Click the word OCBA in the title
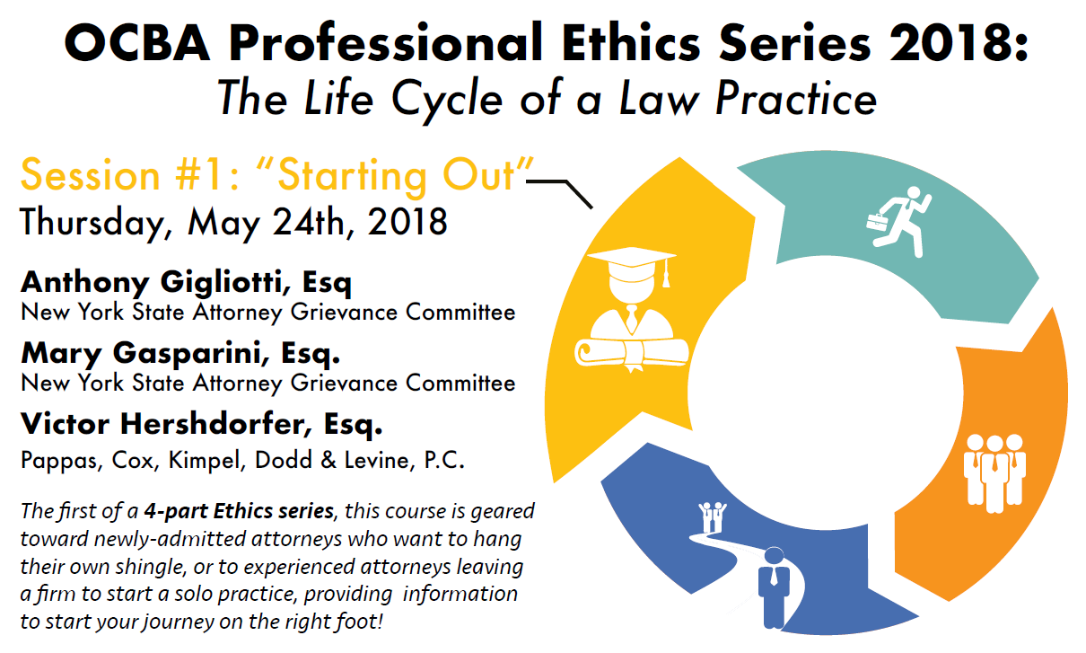coord(137,43)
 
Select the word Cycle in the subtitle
coord(447,100)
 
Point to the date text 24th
coord(309,222)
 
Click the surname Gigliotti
coord(221,283)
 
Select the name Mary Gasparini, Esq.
coord(180,353)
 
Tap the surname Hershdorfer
coord(215,424)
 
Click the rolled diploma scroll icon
coord(632,354)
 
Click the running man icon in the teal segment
coord(900,222)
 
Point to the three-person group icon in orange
coord(994,473)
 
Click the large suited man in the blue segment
coord(774,588)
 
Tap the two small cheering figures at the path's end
coord(713,517)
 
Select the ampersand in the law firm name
coord(328,461)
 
